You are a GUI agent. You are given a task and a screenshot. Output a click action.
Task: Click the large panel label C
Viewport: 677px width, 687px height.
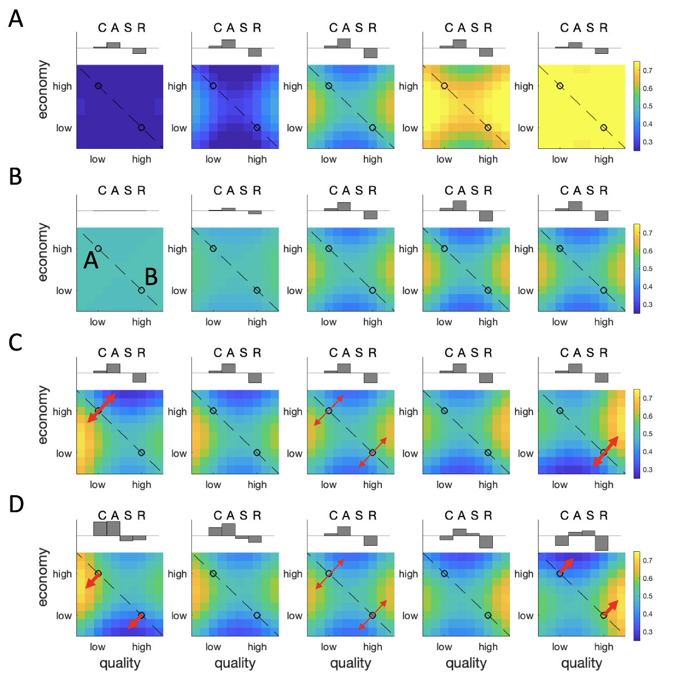tap(15, 342)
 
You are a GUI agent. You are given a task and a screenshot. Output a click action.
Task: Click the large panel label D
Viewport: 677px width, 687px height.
tap(16, 504)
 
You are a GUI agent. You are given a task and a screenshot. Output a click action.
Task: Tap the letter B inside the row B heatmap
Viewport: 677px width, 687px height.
tap(151, 276)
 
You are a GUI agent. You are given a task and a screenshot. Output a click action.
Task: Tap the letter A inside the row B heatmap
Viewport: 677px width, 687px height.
tap(91, 260)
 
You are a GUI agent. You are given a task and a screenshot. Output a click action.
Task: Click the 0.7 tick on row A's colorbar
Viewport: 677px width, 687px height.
tap(647, 70)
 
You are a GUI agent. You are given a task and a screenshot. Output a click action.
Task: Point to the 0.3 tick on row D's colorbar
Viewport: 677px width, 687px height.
tap(647, 632)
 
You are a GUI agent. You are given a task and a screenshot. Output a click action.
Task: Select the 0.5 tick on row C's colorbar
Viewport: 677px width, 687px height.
tap(647, 434)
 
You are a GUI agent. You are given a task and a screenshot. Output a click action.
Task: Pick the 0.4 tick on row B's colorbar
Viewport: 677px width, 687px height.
tap(647, 286)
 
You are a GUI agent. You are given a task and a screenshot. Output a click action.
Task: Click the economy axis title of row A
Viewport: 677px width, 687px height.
tap(43, 90)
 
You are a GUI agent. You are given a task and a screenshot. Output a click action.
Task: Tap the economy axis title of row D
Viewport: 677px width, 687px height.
tap(43, 577)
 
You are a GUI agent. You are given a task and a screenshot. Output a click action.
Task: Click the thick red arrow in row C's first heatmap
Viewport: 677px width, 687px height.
tap(102, 408)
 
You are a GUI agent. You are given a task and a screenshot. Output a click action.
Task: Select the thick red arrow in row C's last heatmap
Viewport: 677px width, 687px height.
tap(605, 452)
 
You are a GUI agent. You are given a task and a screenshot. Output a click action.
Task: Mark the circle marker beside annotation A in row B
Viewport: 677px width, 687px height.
tap(98, 248)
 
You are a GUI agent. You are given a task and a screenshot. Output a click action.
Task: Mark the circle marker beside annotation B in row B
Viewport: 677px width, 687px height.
tap(141, 290)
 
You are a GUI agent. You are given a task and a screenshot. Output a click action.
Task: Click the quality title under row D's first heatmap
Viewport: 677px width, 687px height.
tap(120, 663)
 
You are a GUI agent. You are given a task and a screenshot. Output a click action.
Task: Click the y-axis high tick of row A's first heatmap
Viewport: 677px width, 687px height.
tap(62, 86)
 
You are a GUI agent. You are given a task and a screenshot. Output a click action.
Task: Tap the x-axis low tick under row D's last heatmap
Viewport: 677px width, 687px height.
tap(559, 647)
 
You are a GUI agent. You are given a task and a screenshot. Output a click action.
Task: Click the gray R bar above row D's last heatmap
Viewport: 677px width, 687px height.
tap(602, 542)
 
